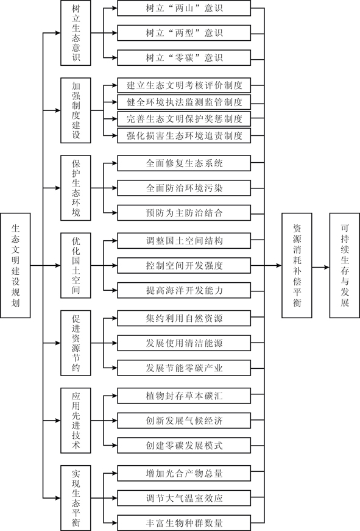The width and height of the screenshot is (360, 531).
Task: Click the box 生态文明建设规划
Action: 15,266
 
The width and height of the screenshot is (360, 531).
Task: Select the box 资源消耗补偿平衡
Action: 297,266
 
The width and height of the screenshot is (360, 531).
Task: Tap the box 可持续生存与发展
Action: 344,266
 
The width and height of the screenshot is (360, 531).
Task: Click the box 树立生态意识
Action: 76,33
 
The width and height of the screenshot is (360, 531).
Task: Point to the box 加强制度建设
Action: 76,110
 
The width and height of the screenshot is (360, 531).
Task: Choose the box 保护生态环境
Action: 76,188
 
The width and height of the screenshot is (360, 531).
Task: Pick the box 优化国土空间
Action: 76,266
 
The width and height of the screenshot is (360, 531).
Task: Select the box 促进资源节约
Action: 76,343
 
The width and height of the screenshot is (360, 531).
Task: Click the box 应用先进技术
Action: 76,421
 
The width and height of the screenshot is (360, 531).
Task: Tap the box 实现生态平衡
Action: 76,498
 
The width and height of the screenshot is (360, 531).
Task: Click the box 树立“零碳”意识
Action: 184,57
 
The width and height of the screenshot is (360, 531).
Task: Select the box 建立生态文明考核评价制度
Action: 184,85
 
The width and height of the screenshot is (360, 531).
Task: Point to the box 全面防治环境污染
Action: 184,188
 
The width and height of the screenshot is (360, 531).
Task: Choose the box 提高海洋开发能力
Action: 184,290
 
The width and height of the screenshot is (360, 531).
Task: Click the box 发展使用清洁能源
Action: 184,343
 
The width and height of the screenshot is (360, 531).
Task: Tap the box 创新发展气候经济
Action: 184,421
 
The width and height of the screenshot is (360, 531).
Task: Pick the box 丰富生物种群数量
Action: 184,523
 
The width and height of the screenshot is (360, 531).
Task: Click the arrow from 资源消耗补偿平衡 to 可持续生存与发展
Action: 321,268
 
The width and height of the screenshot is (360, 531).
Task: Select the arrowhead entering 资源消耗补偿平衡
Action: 279,266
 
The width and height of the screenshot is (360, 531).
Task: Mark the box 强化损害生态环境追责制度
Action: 184,135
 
